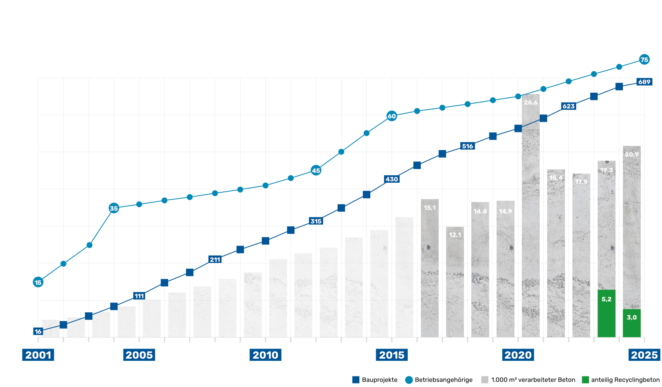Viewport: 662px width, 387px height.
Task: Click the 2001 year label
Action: click(x=38, y=355)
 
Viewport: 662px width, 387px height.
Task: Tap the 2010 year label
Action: click(x=265, y=355)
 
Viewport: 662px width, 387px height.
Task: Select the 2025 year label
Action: click(x=644, y=355)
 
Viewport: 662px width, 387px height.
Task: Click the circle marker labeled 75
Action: click(x=644, y=60)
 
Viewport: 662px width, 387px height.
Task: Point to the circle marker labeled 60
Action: click(x=392, y=116)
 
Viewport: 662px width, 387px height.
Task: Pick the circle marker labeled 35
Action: click(x=114, y=208)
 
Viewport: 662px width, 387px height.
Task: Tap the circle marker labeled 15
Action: click(x=38, y=282)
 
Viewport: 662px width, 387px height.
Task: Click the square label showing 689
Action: click(x=644, y=82)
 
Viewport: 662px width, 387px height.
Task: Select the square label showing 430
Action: click(x=392, y=179)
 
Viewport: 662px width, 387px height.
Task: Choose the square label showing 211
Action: click(x=215, y=259)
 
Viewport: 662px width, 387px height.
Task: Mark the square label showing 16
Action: click(x=38, y=331)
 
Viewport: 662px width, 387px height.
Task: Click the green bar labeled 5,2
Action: click(x=606, y=314)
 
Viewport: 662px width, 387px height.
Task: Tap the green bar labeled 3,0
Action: click(x=631, y=323)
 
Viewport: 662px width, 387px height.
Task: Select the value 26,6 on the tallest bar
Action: click(x=530, y=103)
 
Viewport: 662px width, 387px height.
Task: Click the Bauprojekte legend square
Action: click(x=355, y=380)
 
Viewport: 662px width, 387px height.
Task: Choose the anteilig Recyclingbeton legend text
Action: click(x=625, y=380)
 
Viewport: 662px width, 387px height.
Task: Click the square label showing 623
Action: click(x=568, y=106)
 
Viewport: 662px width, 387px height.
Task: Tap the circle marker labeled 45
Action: click(x=316, y=171)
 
